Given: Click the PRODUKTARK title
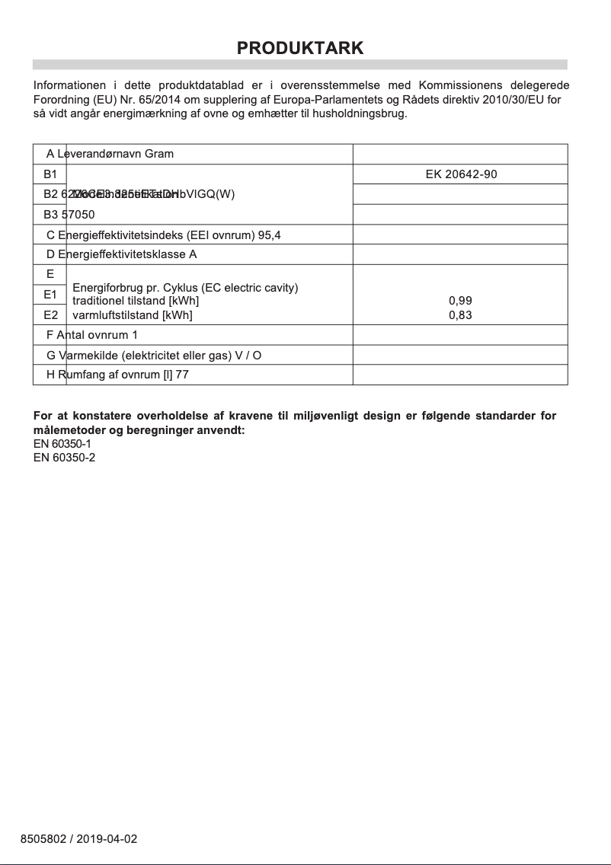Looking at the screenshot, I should tap(300, 48).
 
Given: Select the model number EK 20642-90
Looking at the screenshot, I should tap(461, 174).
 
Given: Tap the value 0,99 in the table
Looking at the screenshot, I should tap(460, 301).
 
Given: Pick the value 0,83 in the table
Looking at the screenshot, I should tap(460, 314).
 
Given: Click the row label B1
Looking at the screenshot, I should tap(50, 174).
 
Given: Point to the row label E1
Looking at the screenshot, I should tap(50, 294).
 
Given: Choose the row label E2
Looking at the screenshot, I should tap(50, 314).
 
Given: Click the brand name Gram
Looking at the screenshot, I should tap(159, 154).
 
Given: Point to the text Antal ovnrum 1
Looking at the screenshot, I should tap(98, 335).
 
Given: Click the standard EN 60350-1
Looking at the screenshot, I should tap(64, 444).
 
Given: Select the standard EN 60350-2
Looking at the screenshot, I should tap(64, 458).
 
